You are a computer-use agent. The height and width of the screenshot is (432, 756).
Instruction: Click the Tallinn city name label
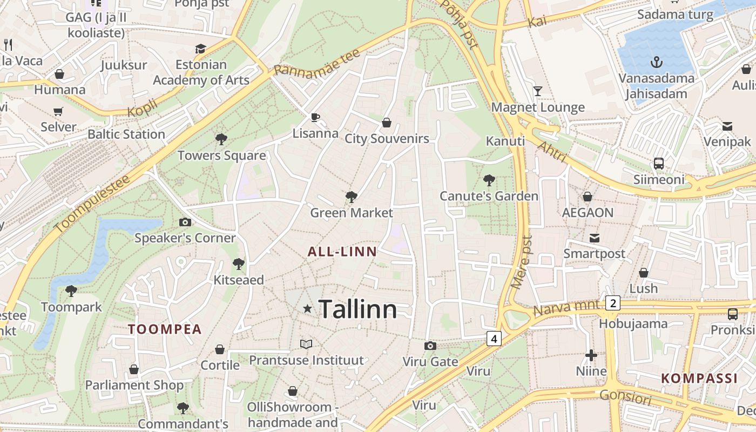tap(358, 309)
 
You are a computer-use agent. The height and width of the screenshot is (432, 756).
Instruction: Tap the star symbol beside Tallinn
tap(308, 309)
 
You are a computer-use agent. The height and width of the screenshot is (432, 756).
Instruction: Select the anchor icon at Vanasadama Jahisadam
tap(656, 62)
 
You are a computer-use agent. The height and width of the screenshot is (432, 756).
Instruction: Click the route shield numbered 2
tap(612, 303)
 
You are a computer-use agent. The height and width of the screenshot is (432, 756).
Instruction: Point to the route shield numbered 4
tap(494, 339)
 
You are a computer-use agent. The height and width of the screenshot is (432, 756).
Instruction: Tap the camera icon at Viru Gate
tap(430, 346)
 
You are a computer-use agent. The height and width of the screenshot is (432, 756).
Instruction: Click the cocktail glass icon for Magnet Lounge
tap(537, 91)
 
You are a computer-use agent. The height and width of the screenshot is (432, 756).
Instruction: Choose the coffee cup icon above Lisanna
tap(315, 117)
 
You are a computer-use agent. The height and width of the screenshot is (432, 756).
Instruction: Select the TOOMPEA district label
tap(165, 329)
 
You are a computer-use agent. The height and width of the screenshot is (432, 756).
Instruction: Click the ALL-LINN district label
tap(342, 252)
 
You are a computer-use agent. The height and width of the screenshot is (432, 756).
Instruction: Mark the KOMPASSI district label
tap(699, 378)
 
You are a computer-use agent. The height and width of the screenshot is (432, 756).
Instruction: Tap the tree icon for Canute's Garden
tap(489, 180)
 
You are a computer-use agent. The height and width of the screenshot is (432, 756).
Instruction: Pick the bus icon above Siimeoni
tap(658, 163)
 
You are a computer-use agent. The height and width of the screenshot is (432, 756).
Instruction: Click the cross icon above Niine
tap(591, 355)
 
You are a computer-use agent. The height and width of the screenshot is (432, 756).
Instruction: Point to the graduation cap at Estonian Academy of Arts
tap(201, 49)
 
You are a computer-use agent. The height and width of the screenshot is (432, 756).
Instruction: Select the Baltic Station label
tap(126, 134)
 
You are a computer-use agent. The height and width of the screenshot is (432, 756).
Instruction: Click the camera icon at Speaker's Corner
tap(185, 222)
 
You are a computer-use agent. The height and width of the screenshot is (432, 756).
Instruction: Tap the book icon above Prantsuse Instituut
tap(306, 344)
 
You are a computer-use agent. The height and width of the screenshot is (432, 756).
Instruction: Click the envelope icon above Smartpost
tap(595, 238)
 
